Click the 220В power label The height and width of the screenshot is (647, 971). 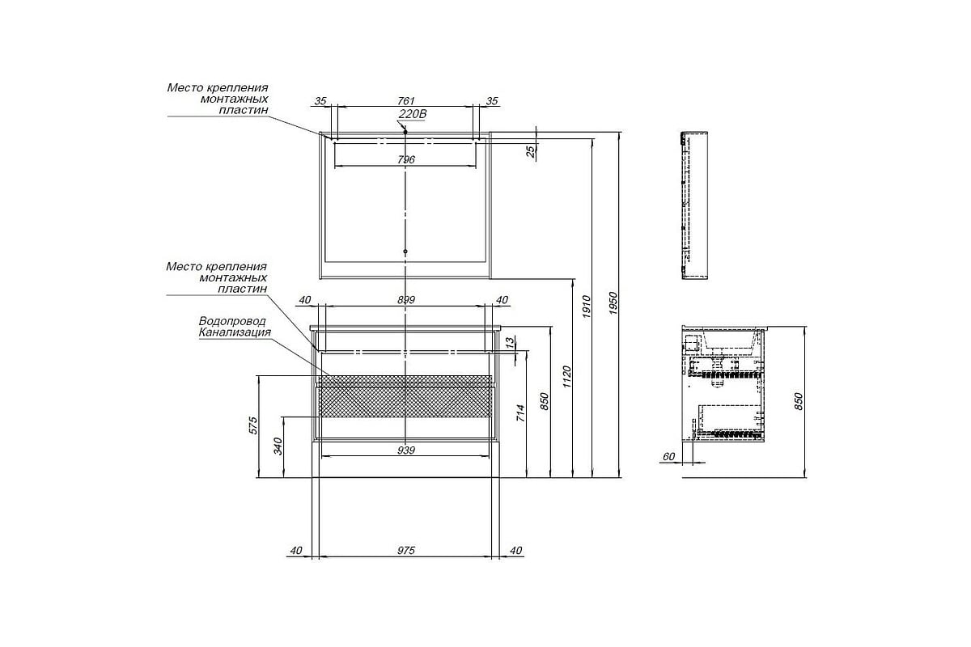point(412,114)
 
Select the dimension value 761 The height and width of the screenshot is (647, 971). point(406,101)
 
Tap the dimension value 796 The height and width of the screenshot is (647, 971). point(406,159)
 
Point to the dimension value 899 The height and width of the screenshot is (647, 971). point(406,300)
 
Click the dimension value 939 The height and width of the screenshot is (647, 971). point(406,450)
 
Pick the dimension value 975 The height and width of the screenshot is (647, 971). point(406,551)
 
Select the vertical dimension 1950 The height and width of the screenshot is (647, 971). point(613,303)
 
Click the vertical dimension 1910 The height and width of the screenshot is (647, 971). point(587,307)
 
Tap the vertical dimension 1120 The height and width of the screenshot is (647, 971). point(567,377)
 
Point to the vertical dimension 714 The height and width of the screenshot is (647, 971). point(520,413)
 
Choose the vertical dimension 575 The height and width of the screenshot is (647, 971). point(253,425)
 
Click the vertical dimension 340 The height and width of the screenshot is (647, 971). point(278,446)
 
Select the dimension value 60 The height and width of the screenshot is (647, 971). point(669,457)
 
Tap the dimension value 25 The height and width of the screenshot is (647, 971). point(531,151)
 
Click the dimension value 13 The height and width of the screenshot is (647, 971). point(511,342)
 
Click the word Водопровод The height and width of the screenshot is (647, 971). point(232,321)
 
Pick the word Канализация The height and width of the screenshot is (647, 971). point(235,332)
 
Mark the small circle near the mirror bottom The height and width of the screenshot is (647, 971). point(405,252)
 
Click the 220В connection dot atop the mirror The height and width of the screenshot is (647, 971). point(405,131)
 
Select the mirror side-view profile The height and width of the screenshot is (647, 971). point(694,205)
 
